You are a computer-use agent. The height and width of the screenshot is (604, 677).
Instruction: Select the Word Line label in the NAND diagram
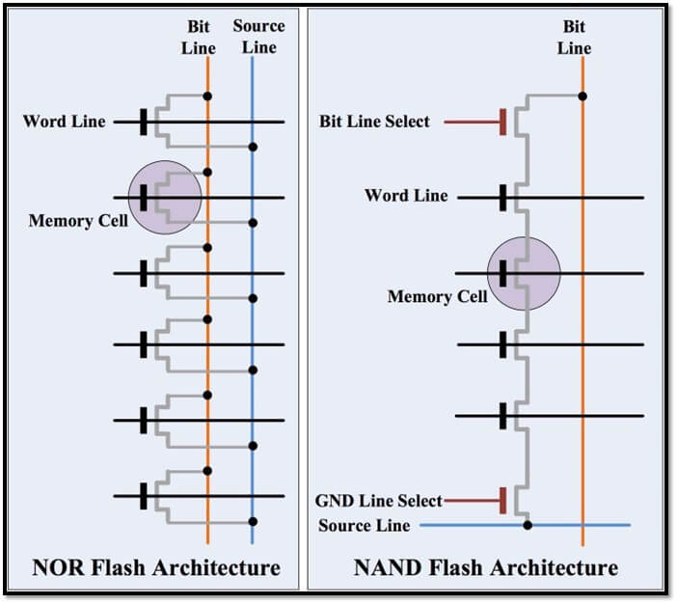click(x=406, y=196)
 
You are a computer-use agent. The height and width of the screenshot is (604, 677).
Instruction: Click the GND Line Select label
click(x=379, y=501)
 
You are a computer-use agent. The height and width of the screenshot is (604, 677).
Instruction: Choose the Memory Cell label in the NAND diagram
click(x=437, y=296)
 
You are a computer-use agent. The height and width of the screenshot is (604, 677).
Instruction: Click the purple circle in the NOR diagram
click(x=165, y=197)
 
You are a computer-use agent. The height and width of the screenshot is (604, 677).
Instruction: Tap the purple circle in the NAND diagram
click(x=524, y=273)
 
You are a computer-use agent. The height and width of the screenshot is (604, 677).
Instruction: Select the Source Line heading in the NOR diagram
click(x=258, y=38)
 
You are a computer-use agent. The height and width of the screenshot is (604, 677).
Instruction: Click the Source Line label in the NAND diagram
click(x=365, y=525)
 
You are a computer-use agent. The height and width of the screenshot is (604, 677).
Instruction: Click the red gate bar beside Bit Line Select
click(x=503, y=123)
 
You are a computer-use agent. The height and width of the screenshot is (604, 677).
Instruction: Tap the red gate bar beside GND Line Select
click(x=502, y=500)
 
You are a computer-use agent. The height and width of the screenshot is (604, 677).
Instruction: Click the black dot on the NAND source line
click(x=528, y=525)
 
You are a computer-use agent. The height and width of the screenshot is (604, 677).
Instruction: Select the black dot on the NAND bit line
click(x=582, y=96)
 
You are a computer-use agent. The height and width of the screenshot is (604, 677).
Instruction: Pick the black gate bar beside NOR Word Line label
click(x=143, y=122)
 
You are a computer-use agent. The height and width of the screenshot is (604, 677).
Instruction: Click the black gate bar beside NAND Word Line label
click(x=502, y=198)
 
